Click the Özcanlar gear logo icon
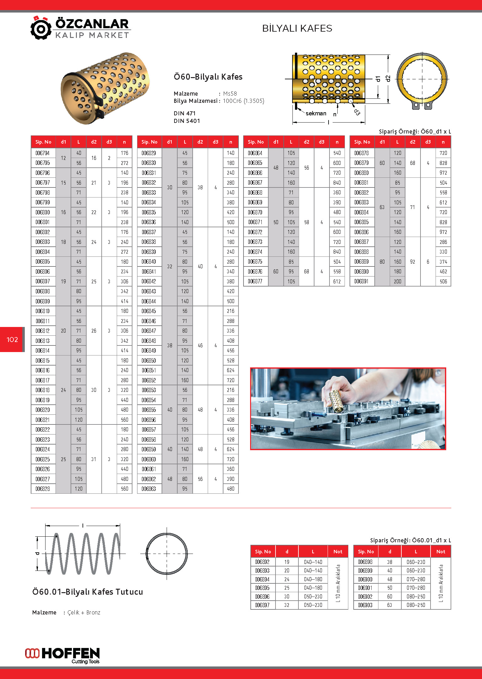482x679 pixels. (41, 29)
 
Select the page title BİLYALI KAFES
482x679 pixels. (297, 29)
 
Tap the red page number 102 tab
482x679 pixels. (12, 339)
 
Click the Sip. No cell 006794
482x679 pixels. (43, 153)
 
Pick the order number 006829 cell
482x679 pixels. (149, 153)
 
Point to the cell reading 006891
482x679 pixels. (361, 282)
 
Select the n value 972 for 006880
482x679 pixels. (443, 173)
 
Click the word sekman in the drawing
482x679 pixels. (316, 113)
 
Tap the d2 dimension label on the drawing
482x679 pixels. (388, 79)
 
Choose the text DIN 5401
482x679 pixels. (187, 121)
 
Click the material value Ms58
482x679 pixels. (230, 94)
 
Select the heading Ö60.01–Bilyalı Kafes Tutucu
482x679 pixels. (88, 592)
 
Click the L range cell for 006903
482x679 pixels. (415, 605)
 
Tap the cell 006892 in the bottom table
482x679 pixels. (262, 562)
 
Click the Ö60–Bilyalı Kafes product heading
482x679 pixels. (208, 77)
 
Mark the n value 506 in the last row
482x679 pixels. (443, 282)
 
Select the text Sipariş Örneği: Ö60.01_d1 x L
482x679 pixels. (410, 540)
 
